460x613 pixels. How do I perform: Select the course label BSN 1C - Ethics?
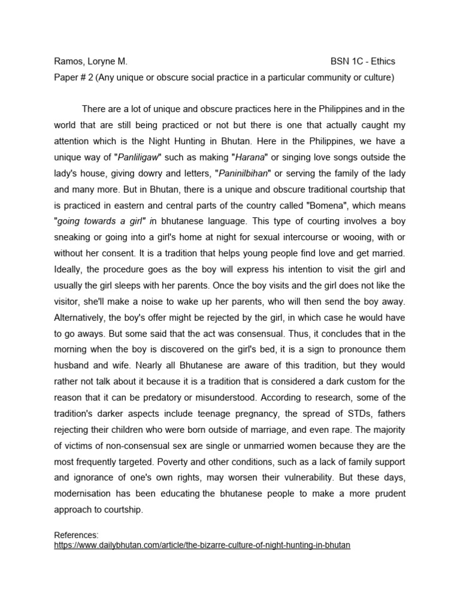click(x=363, y=61)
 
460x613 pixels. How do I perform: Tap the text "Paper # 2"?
click(x=74, y=77)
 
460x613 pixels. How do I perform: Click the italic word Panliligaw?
click(x=140, y=157)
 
